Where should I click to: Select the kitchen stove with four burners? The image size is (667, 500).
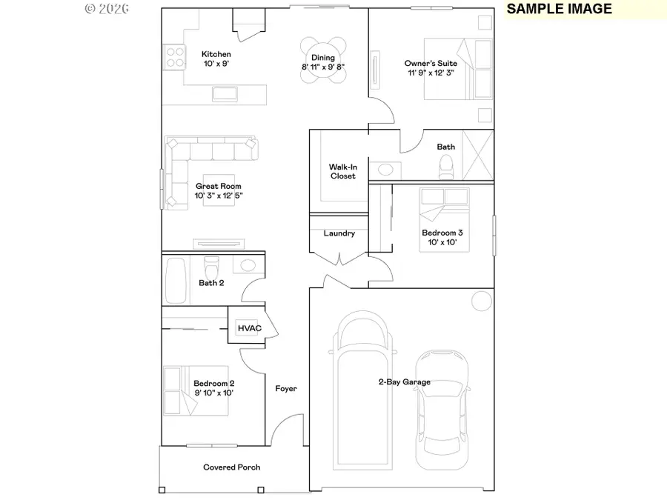pyautogui.click(x=174, y=58)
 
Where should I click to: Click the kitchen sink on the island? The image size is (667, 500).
pyautogui.click(x=225, y=93)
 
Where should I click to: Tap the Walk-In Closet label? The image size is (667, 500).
pyautogui.click(x=342, y=172)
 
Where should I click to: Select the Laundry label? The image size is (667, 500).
pyautogui.click(x=339, y=233)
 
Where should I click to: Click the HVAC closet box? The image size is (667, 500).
pyautogui.click(x=247, y=328)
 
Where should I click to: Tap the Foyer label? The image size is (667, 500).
pyautogui.click(x=286, y=389)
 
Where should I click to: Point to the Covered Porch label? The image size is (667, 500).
pyautogui.click(x=232, y=467)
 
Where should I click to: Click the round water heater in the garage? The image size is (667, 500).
pyautogui.click(x=481, y=301)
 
